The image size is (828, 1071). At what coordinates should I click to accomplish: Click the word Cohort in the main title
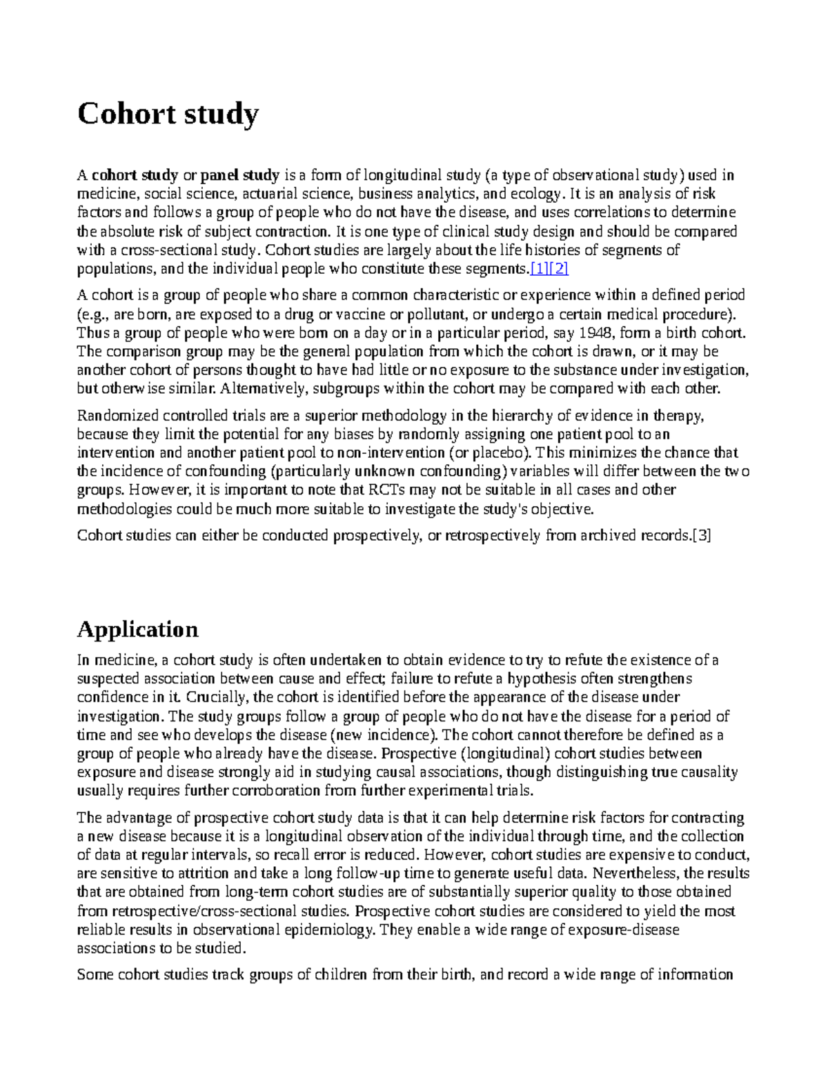point(117,114)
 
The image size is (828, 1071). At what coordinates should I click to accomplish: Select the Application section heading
point(137,629)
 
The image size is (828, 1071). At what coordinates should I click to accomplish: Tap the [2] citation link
point(558,269)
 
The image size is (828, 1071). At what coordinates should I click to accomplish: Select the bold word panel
point(219,175)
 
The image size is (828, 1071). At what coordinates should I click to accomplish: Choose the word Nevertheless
point(631,874)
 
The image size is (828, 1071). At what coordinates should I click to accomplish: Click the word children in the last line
point(342,974)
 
